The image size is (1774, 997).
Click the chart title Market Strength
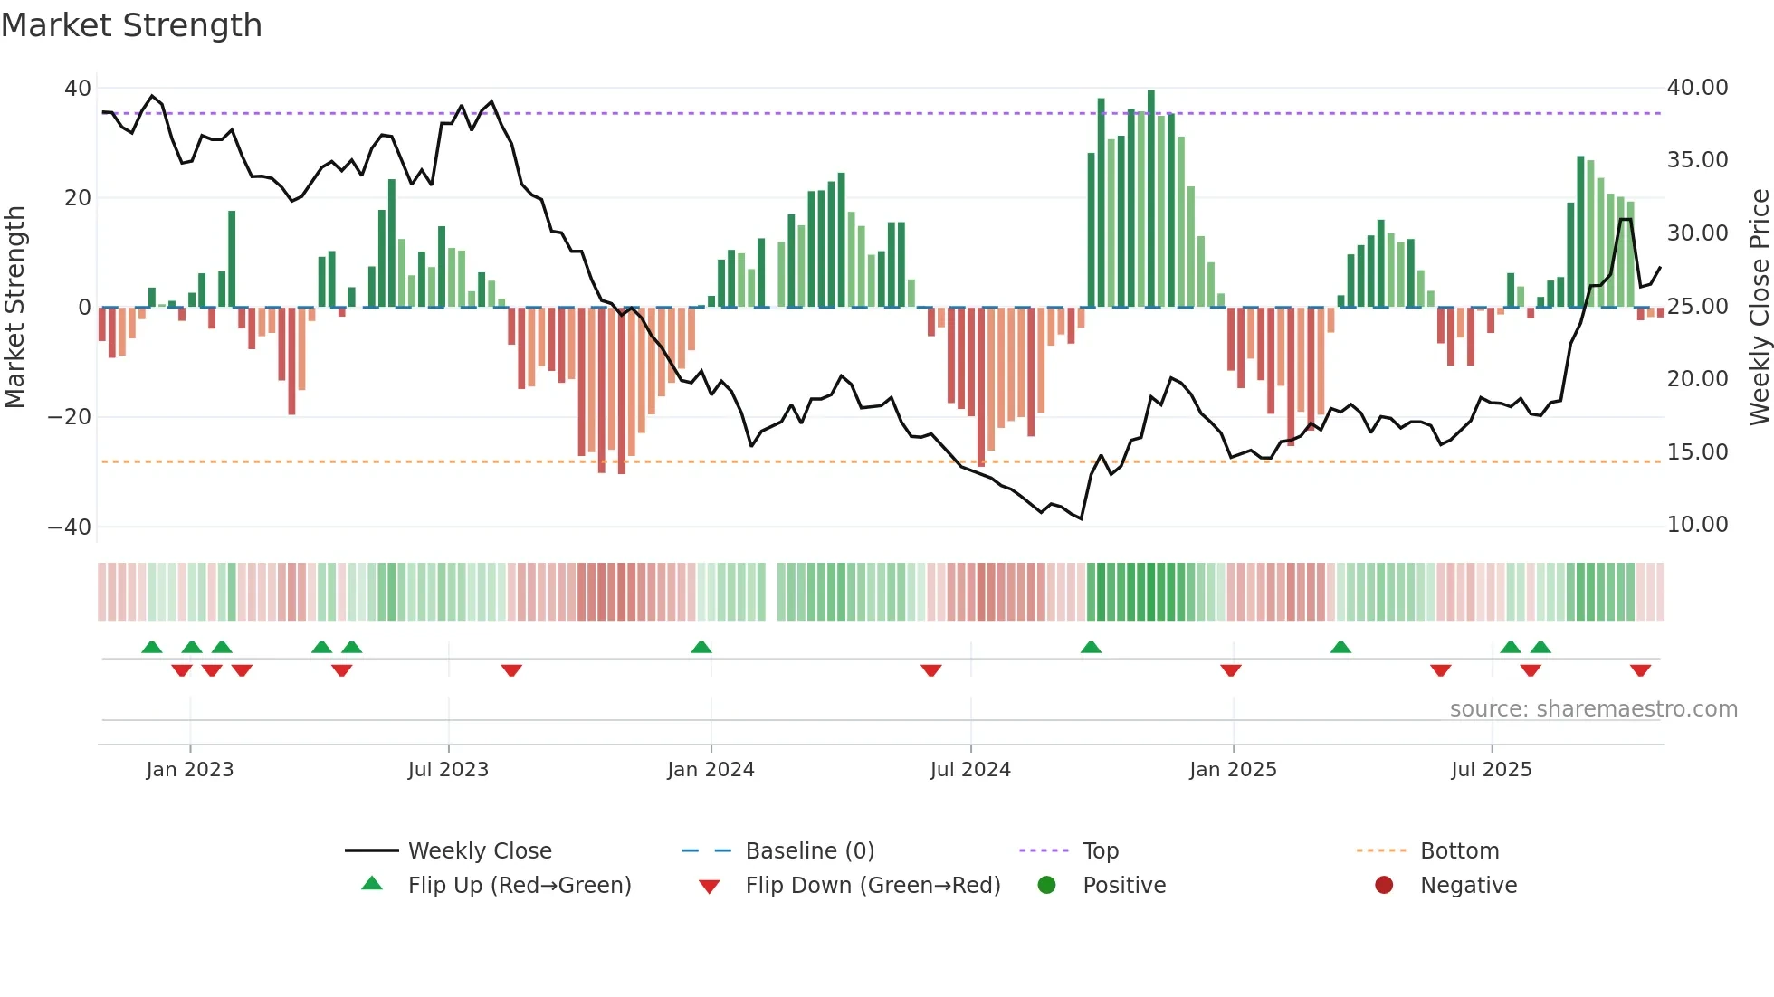click(131, 25)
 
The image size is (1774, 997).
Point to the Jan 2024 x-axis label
click(711, 770)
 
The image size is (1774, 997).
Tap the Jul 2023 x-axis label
click(448, 770)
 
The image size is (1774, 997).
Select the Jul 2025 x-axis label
click(1491, 770)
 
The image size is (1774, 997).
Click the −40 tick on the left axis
click(70, 527)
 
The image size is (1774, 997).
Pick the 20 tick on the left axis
click(78, 198)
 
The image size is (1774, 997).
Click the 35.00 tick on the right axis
click(1697, 160)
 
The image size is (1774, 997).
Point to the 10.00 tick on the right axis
click(1697, 525)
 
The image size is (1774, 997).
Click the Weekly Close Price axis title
click(1759, 308)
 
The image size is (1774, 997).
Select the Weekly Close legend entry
click(479, 851)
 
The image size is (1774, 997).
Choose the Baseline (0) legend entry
click(809, 851)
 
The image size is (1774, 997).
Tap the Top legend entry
click(1100, 851)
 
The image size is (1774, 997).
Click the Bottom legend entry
click(1459, 851)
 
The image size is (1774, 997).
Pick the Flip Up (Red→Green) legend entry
click(519, 886)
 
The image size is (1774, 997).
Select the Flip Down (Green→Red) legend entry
click(873, 886)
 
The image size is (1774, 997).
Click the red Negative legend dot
click(1384, 886)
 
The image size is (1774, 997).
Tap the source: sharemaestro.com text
click(1593, 709)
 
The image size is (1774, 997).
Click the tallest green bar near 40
click(1151, 199)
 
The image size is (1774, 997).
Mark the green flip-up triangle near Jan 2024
click(701, 647)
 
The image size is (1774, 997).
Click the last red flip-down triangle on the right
click(1640, 670)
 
